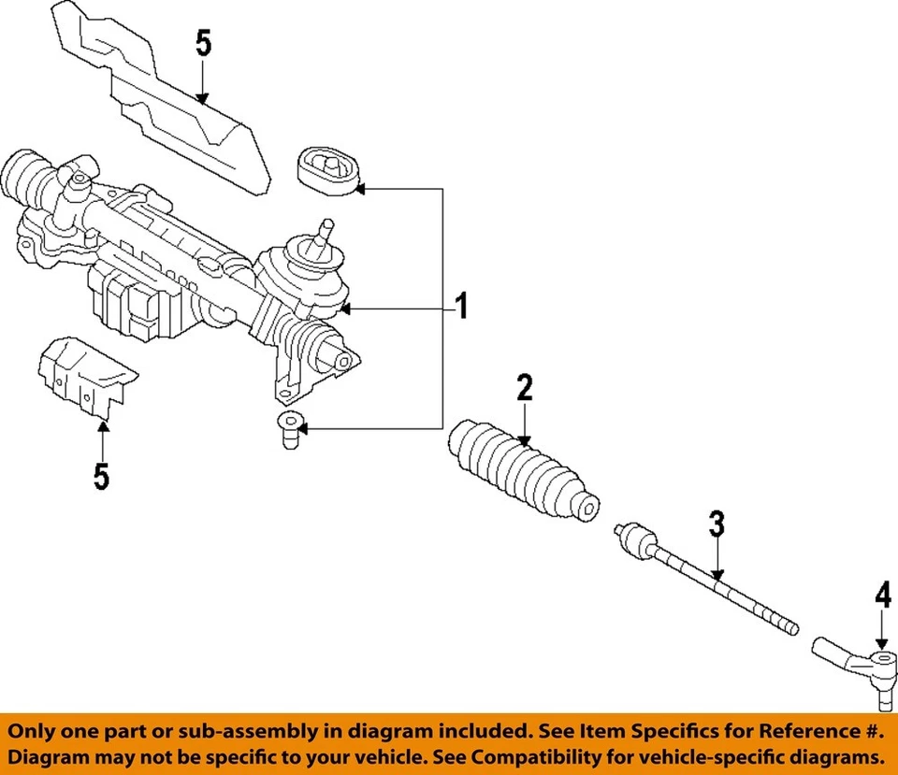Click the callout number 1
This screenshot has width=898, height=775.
tap(459, 307)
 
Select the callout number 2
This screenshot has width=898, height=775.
tap(525, 387)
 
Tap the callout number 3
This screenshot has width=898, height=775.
tap(716, 524)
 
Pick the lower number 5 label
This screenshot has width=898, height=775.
tap(101, 476)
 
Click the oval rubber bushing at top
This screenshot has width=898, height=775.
tap(327, 171)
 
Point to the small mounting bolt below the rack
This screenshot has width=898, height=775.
tap(291, 432)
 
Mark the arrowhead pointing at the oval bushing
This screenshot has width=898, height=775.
tap(360, 189)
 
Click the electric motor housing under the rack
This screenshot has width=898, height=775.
tap(140, 299)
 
